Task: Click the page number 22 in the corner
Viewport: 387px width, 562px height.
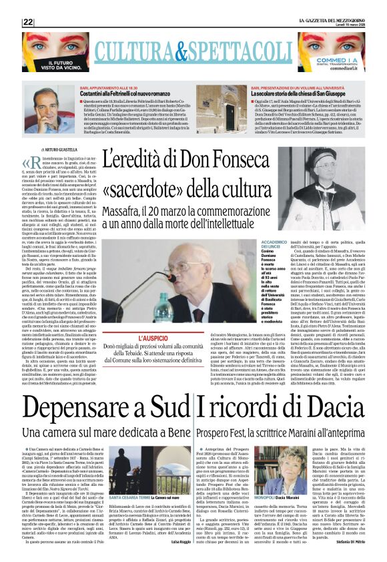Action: click(28, 22)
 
